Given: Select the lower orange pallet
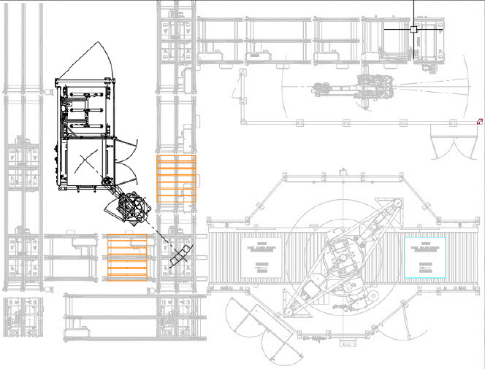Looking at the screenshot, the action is coord(128,258).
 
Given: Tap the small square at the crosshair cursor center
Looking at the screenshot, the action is coord(413,29).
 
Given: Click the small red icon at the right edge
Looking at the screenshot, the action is coord(480,122).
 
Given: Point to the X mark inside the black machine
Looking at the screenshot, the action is coord(87,161).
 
